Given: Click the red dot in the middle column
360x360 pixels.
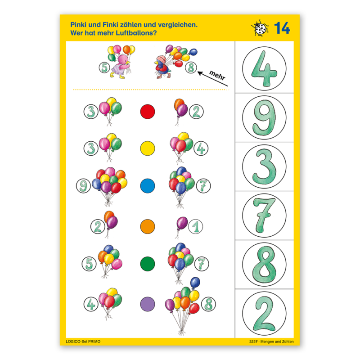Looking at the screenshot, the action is [148, 112].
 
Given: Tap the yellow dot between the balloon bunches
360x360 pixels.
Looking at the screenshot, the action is [148, 148].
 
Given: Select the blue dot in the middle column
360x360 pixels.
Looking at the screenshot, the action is [148, 186].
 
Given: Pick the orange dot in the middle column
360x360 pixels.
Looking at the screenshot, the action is [148, 227].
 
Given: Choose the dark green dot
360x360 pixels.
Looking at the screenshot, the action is [148, 264].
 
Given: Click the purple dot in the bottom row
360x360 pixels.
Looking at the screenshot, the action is [148, 304].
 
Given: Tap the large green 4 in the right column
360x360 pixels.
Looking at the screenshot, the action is [264, 69].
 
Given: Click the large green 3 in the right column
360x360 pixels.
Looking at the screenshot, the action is [264, 166].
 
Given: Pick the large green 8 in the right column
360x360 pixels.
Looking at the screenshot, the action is [264, 265].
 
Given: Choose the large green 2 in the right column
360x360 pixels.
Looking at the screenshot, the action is [264, 314].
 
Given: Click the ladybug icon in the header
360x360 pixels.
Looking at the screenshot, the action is [260, 28].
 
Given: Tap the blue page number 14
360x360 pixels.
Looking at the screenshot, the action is [282, 28].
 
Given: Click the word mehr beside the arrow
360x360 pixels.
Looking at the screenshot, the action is [217, 75].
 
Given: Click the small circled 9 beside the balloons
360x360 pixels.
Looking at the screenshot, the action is [83, 186].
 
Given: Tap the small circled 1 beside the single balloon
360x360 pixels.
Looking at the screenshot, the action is [195, 227].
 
